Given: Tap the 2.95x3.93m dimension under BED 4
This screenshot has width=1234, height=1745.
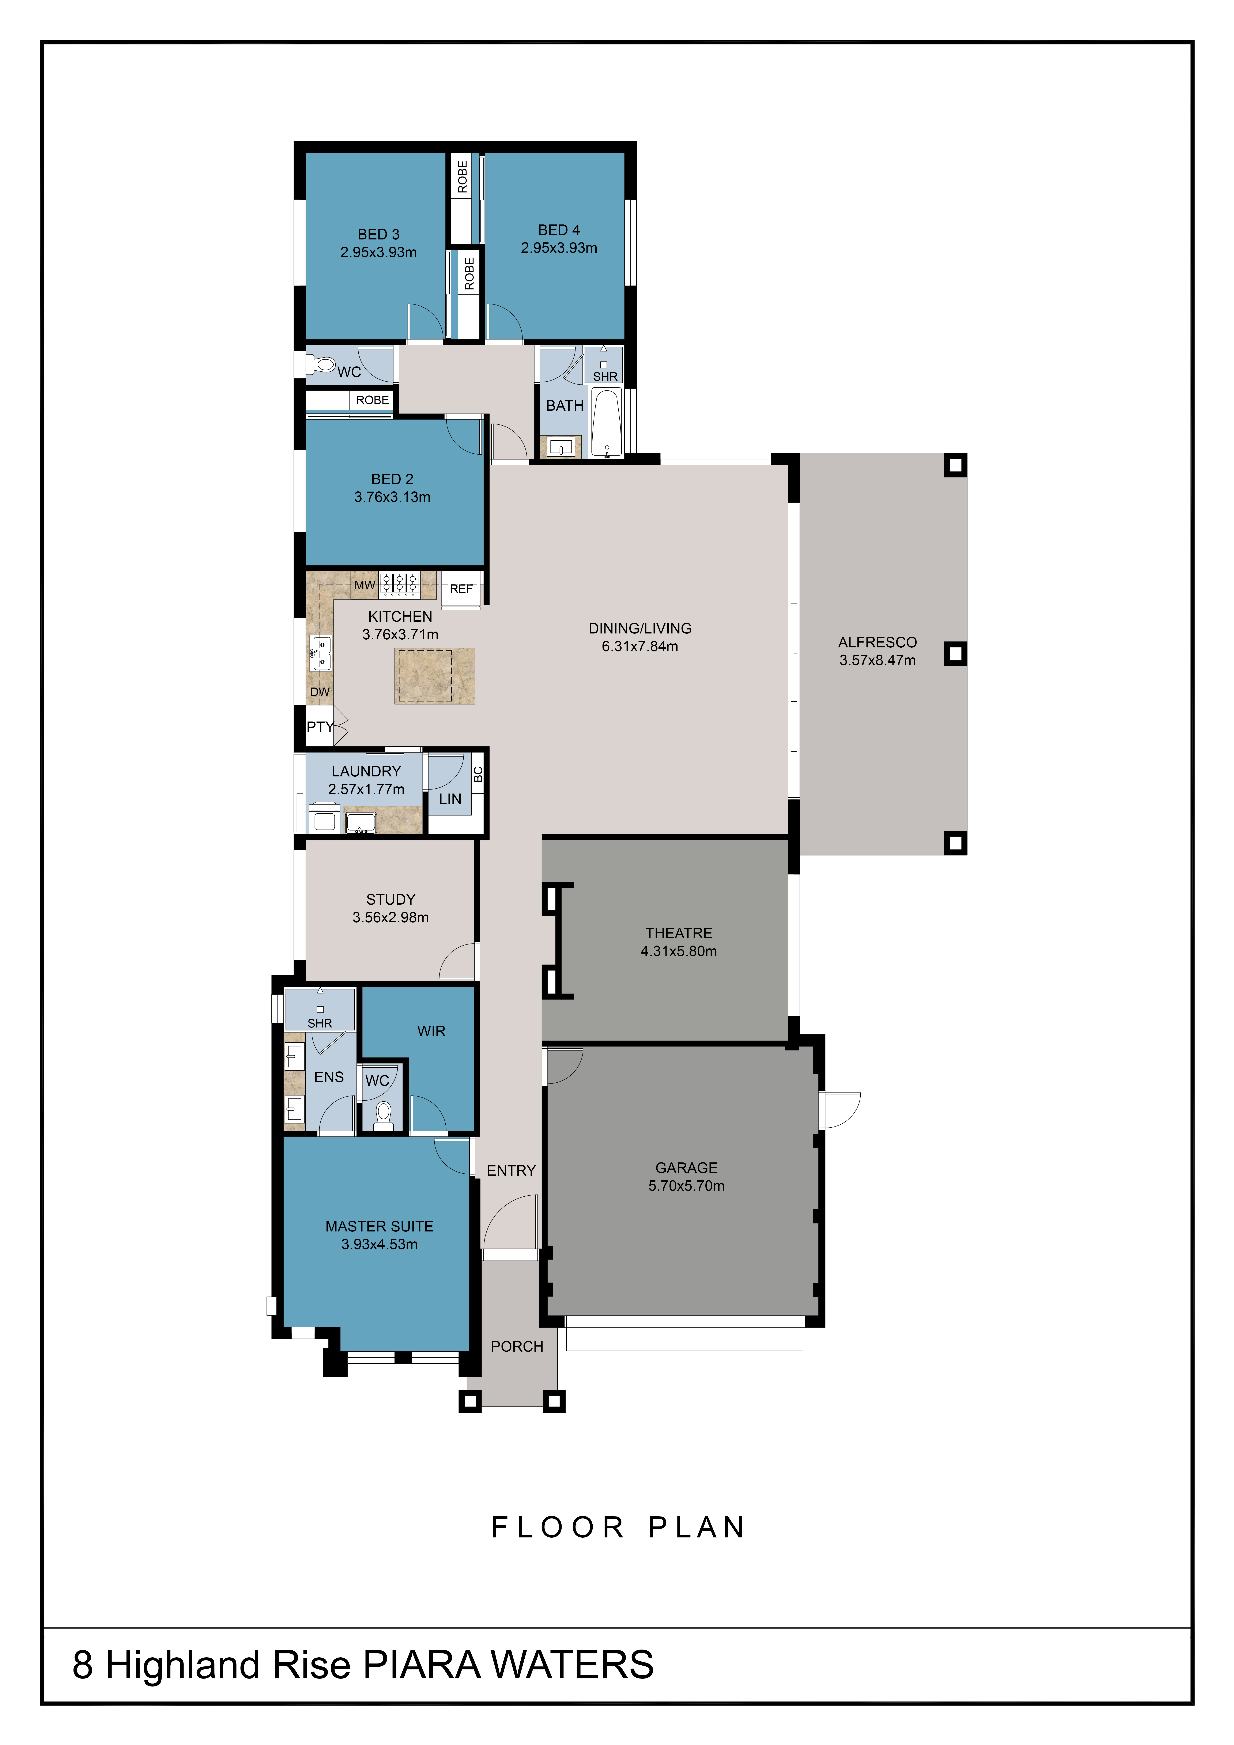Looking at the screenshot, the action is coord(559,248).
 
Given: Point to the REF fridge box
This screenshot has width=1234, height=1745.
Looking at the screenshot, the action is coord(461,589).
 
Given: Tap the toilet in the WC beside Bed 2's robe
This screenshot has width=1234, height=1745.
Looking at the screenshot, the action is coord(322,365).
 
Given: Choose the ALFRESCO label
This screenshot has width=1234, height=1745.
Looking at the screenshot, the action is coord(878,642).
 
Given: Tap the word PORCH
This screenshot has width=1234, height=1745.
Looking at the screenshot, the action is coord(517,1347).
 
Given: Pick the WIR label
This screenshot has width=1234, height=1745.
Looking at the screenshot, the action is coord(431,1031).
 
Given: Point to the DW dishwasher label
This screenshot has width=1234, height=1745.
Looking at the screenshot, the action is coord(320,692).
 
